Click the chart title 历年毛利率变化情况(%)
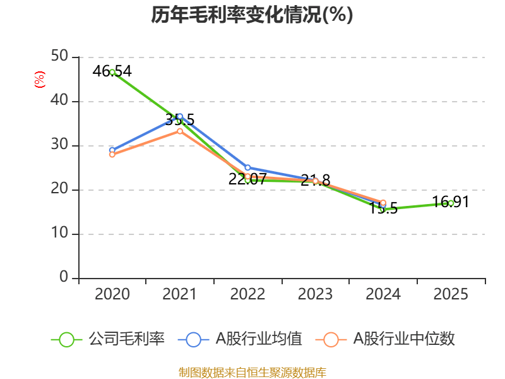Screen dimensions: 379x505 [x=252, y=15]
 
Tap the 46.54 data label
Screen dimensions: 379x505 [x=112, y=71]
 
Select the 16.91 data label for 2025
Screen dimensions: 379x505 [x=451, y=202]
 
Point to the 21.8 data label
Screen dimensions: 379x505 [x=316, y=181]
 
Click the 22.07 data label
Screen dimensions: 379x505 [x=247, y=179]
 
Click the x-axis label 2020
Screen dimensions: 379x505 [x=112, y=294]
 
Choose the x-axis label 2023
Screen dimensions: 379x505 [x=315, y=294]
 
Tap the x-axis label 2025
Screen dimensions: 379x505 [x=451, y=294]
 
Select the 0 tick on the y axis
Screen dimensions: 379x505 [x=64, y=278]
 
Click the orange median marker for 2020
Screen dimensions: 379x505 [x=112, y=154]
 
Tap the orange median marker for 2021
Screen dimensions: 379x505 [x=180, y=131]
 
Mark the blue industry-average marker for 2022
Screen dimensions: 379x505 [x=247, y=167]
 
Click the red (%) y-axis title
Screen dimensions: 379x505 [x=40, y=80]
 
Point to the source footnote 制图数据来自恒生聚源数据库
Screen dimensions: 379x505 [x=252, y=372]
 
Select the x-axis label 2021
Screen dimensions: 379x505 [x=180, y=294]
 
